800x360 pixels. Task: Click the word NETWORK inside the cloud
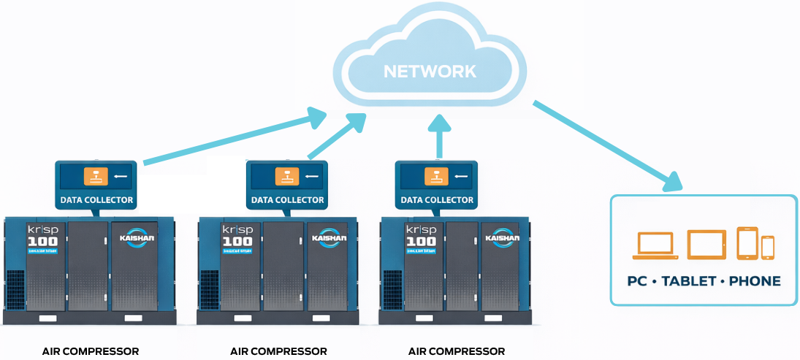pyautogui.click(x=430, y=72)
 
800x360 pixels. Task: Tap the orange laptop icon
pyautogui.click(x=655, y=245)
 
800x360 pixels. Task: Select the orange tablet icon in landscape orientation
pyautogui.click(x=706, y=244)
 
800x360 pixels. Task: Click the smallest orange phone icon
pyautogui.click(x=767, y=248)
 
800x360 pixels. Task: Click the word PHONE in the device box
pyautogui.click(x=755, y=281)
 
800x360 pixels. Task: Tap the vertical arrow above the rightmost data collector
pyautogui.click(x=438, y=137)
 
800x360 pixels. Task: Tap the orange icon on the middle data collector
pyautogui.click(x=286, y=176)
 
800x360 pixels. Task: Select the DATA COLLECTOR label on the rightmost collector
pyautogui.click(x=437, y=200)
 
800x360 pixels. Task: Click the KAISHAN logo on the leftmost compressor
pyautogui.click(x=134, y=238)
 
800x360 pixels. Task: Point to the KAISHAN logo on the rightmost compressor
pyautogui.click(x=501, y=238)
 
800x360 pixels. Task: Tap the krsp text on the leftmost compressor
pyautogui.click(x=42, y=229)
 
